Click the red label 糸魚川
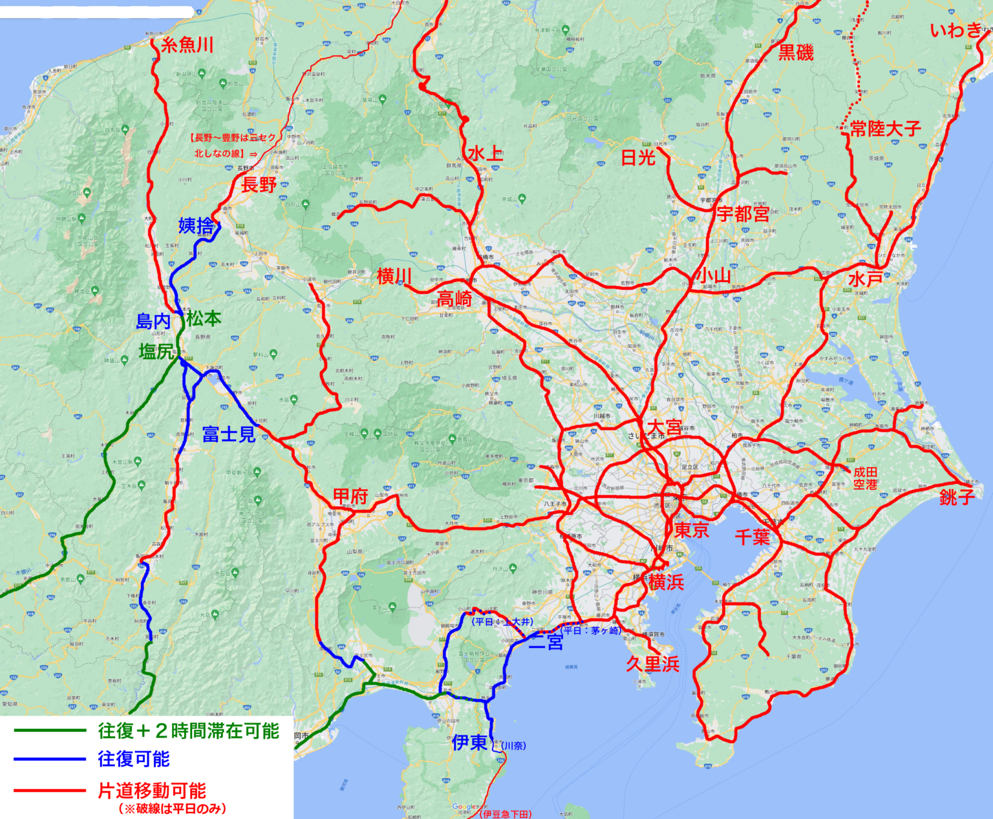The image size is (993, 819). pyautogui.click(x=187, y=45)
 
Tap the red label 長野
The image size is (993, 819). pyautogui.click(x=259, y=185)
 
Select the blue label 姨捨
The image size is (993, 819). pyautogui.click(x=196, y=226)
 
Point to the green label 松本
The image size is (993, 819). pyautogui.click(x=204, y=318)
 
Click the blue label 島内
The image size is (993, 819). pyautogui.click(x=153, y=322)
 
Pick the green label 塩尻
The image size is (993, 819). pyautogui.click(x=157, y=351)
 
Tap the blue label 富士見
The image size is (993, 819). pyautogui.click(x=229, y=434)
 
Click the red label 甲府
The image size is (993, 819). pyautogui.click(x=350, y=496)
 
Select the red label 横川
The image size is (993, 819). pyautogui.click(x=394, y=276)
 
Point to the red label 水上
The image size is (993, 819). pyautogui.click(x=485, y=154)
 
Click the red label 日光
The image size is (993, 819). pyautogui.click(x=638, y=157)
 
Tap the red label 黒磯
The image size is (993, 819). pyautogui.click(x=796, y=52)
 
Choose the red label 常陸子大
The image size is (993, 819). pyautogui.click(x=885, y=129)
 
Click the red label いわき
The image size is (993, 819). pyautogui.click(x=956, y=30)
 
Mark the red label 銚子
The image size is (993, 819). pyautogui.click(x=957, y=497)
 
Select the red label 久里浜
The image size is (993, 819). pyautogui.click(x=652, y=664)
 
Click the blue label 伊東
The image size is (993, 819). pyautogui.click(x=469, y=742)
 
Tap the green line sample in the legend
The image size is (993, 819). pyautogui.click(x=50, y=731)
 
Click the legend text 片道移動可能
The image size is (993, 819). pyautogui.click(x=152, y=791)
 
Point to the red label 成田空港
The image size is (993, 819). pyautogui.click(x=865, y=478)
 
